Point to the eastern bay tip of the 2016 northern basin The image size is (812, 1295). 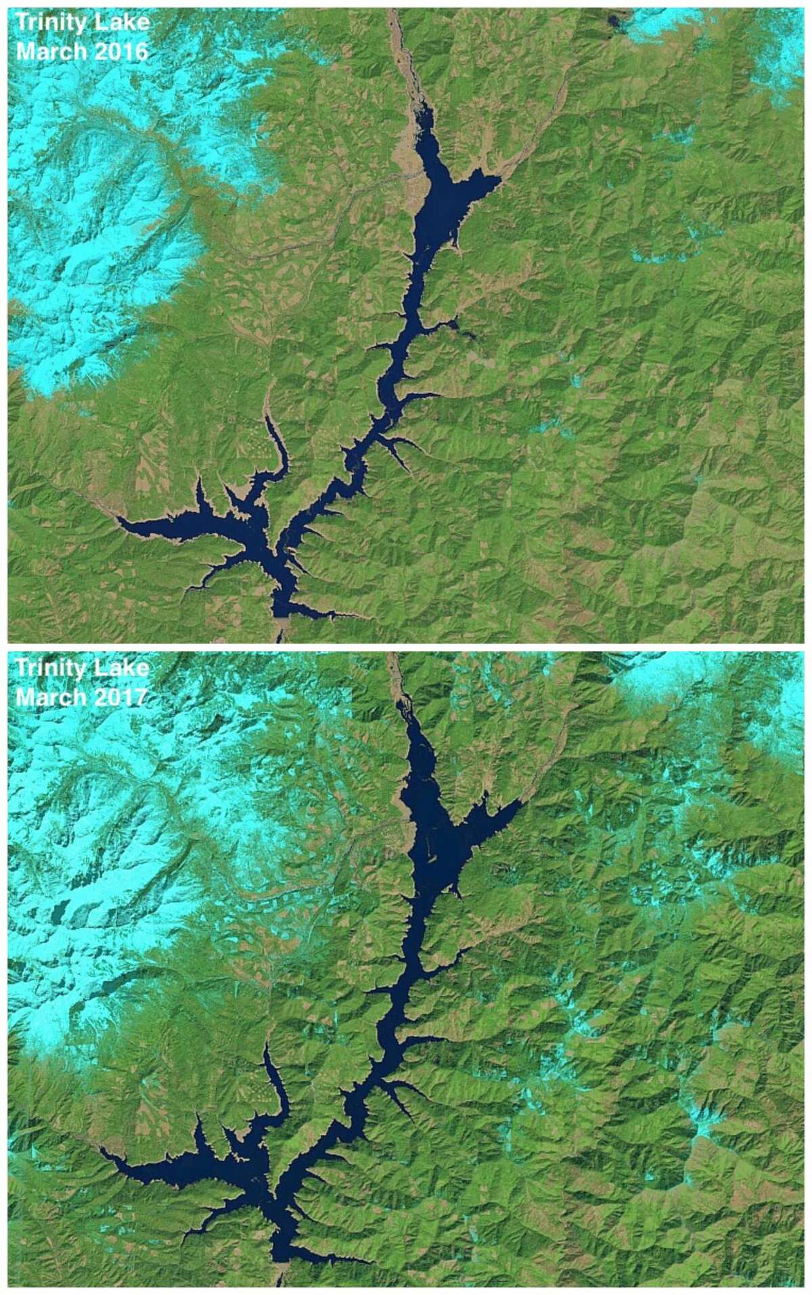click(x=499, y=180)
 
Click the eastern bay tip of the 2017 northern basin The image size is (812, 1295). click(x=521, y=802)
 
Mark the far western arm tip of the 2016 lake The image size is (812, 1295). click(x=119, y=520)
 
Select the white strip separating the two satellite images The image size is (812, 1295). click(x=406, y=647)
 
